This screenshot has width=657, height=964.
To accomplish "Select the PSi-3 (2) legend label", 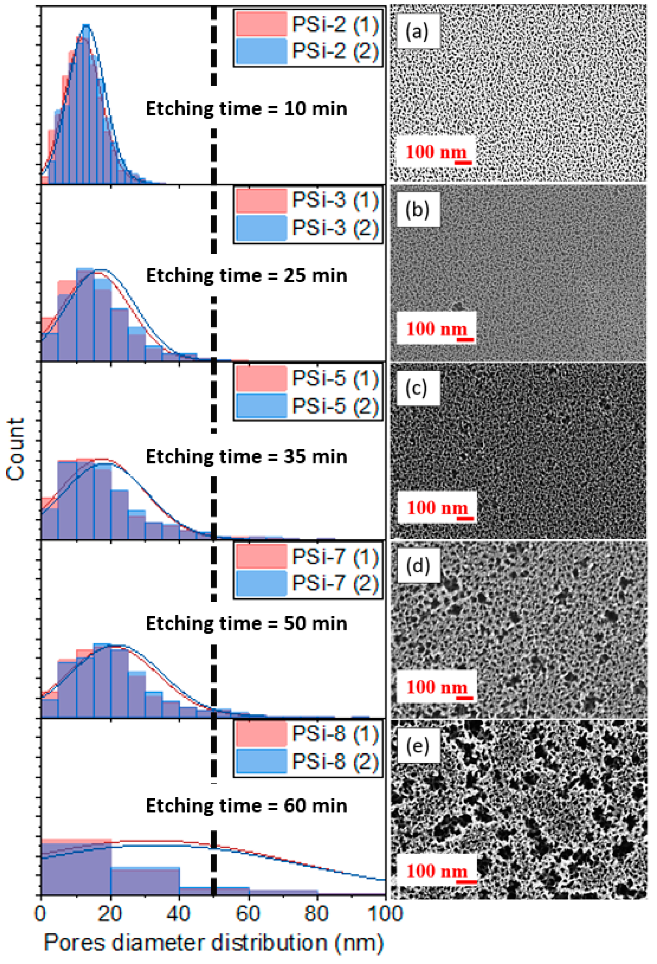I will click(335, 227).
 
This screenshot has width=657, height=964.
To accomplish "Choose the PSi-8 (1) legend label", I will click(335, 734).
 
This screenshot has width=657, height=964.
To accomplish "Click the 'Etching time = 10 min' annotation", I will click(246, 109).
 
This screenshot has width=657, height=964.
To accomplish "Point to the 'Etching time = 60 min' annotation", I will click(246, 805).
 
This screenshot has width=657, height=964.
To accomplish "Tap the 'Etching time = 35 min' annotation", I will click(246, 457).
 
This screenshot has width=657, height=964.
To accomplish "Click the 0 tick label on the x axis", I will click(41, 914).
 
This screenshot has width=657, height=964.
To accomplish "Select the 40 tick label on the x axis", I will click(179, 914).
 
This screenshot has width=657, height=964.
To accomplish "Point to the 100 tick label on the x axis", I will click(386, 914).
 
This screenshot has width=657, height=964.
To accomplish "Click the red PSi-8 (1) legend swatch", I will click(261, 734).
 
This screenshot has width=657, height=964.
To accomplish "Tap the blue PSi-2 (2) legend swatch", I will click(261, 51).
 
